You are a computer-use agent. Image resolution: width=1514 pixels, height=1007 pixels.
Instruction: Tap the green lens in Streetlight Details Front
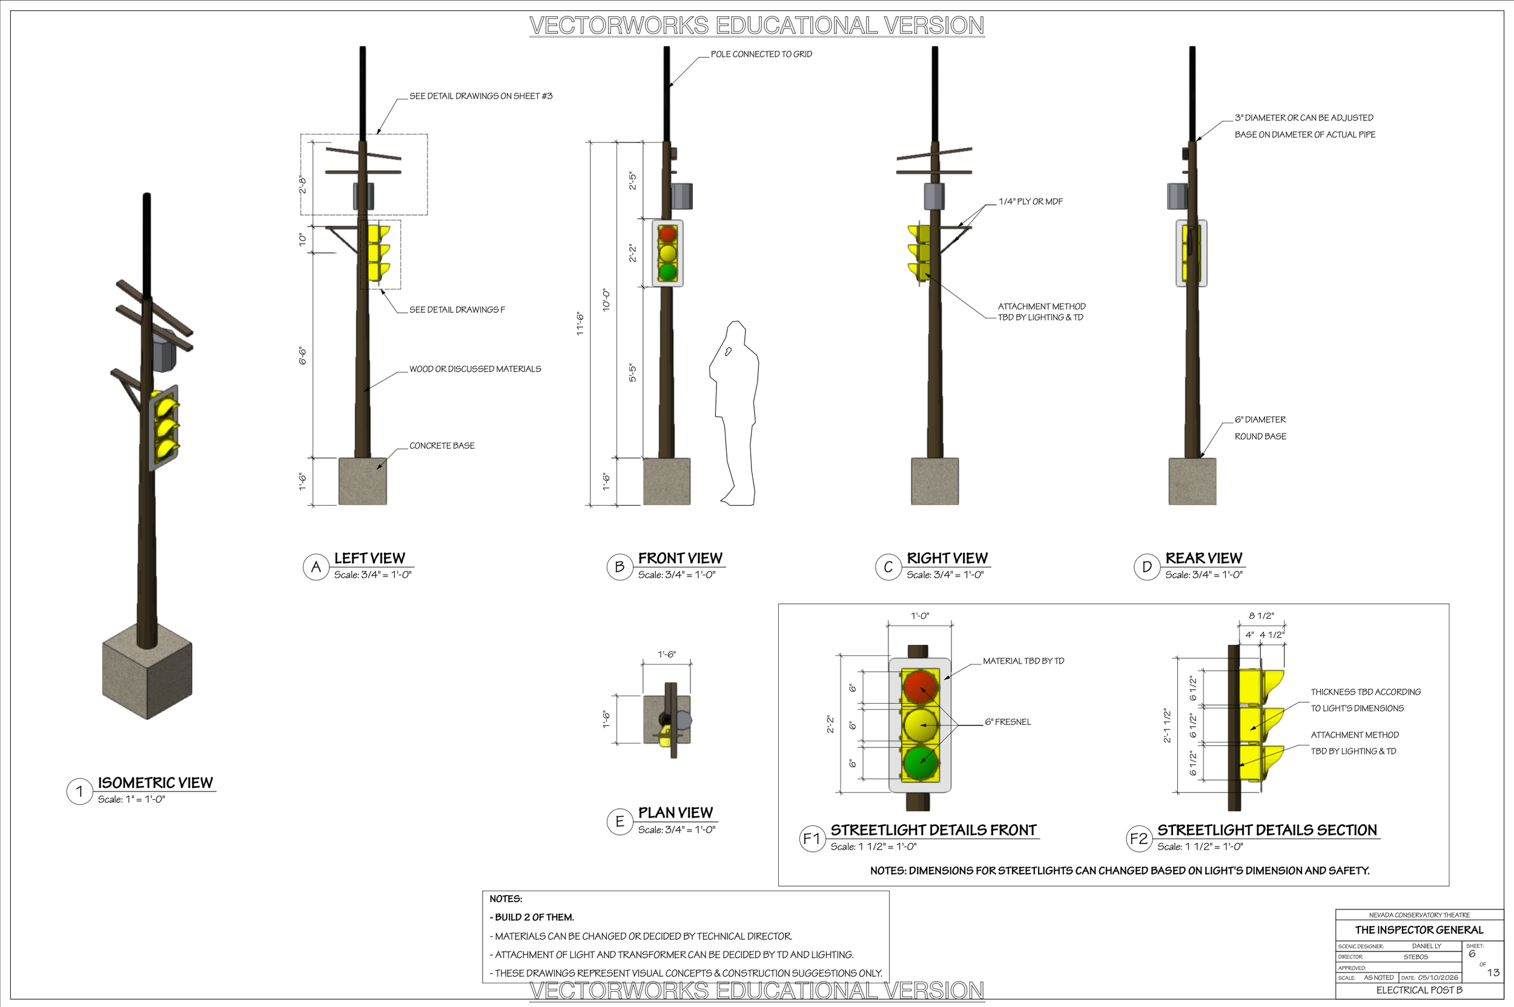click(921, 762)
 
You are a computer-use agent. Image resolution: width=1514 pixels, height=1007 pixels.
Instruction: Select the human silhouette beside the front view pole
click(733, 413)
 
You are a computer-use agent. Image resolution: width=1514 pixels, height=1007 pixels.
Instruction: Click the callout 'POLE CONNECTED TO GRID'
click(761, 54)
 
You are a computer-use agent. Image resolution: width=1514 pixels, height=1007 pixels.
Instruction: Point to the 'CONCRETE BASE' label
click(442, 446)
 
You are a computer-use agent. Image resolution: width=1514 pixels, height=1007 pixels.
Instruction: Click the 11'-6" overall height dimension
click(580, 324)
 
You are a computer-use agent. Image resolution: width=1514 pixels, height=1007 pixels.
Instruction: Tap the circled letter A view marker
click(316, 567)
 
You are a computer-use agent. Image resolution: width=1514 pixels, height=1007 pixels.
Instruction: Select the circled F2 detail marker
click(1139, 839)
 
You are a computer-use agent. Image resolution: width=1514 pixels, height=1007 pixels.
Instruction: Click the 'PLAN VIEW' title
click(675, 813)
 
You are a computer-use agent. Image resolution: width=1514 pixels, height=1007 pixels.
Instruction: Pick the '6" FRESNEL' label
click(1008, 722)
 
